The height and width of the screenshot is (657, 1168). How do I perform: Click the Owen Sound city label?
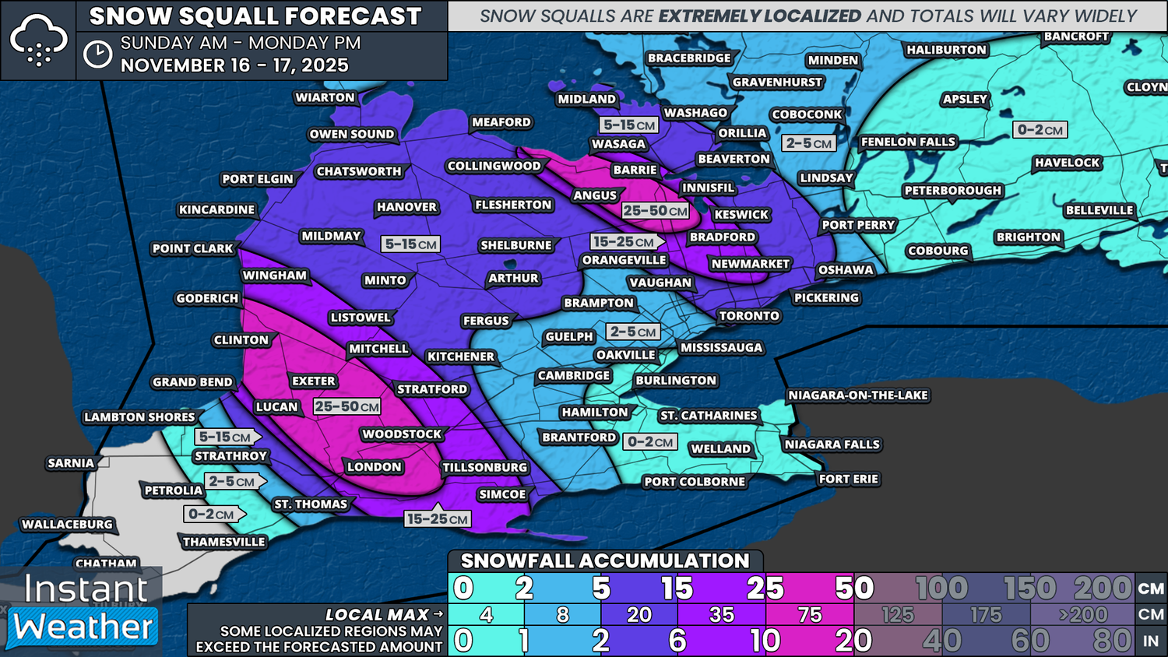pyautogui.click(x=351, y=134)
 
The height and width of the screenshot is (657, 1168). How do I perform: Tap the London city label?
pyautogui.click(x=374, y=467)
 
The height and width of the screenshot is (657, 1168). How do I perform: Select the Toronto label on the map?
pyautogui.click(x=748, y=316)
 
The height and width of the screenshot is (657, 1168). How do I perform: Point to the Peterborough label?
pyautogui.click(x=952, y=191)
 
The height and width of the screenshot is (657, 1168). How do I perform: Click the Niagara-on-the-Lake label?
pyautogui.click(x=857, y=395)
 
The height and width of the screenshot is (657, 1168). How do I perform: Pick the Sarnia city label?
pyautogui.click(x=71, y=463)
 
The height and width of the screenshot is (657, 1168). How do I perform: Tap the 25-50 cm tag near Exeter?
pyautogui.click(x=347, y=406)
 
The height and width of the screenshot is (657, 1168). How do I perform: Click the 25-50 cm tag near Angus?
pyautogui.click(x=655, y=211)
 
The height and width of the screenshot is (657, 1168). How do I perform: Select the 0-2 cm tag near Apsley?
pyautogui.click(x=1040, y=130)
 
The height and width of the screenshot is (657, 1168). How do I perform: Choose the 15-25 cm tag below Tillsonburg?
pyautogui.click(x=437, y=519)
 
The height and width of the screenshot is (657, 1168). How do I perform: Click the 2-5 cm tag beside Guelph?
pyautogui.click(x=633, y=332)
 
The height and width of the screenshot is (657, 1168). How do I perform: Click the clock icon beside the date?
pyautogui.click(x=98, y=54)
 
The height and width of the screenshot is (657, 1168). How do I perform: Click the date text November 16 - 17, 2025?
pyautogui.click(x=234, y=65)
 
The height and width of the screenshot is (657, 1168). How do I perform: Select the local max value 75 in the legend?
pyautogui.click(x=810, y=615)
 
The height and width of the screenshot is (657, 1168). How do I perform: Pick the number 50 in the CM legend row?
pyautogui.click(x=853, y=588)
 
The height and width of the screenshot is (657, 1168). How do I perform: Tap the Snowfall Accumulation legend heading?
pyautogui.click(x=604, y=560)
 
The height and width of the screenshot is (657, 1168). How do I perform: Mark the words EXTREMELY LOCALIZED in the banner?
pyautogui.click(x=759, y=16)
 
